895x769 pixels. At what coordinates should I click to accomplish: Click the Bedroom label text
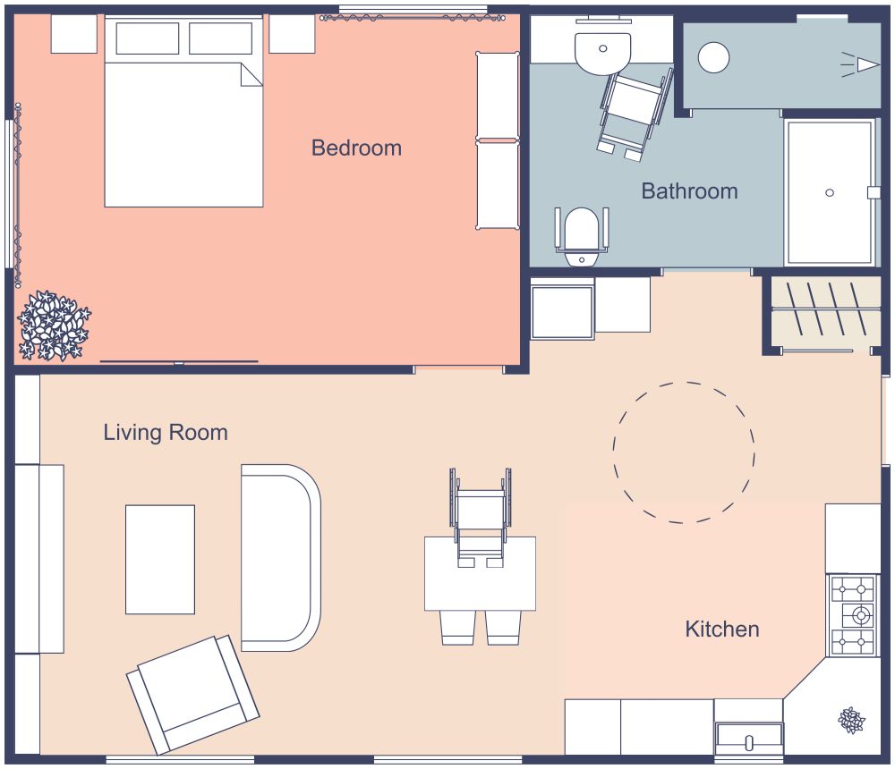coord(356,148)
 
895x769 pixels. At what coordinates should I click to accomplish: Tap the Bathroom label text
coord(689,190)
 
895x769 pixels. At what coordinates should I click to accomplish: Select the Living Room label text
coord(166,433)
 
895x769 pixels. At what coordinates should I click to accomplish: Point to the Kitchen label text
coord(721,629)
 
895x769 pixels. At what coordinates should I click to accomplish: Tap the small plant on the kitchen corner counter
coord(851,719)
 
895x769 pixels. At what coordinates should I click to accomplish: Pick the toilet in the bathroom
coord(582,234)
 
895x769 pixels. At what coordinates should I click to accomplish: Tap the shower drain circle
coord(830,192)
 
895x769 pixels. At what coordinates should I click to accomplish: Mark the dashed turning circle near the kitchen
coord(684,452)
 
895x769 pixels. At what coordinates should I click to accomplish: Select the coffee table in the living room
coord(160,559)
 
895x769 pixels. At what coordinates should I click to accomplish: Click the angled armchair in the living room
coord(192,694)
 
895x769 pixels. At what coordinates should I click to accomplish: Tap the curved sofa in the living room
coord(279,557)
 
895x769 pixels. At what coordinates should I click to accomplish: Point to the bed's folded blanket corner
coord(251,75)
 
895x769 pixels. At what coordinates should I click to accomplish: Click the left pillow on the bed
coord(147,38)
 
